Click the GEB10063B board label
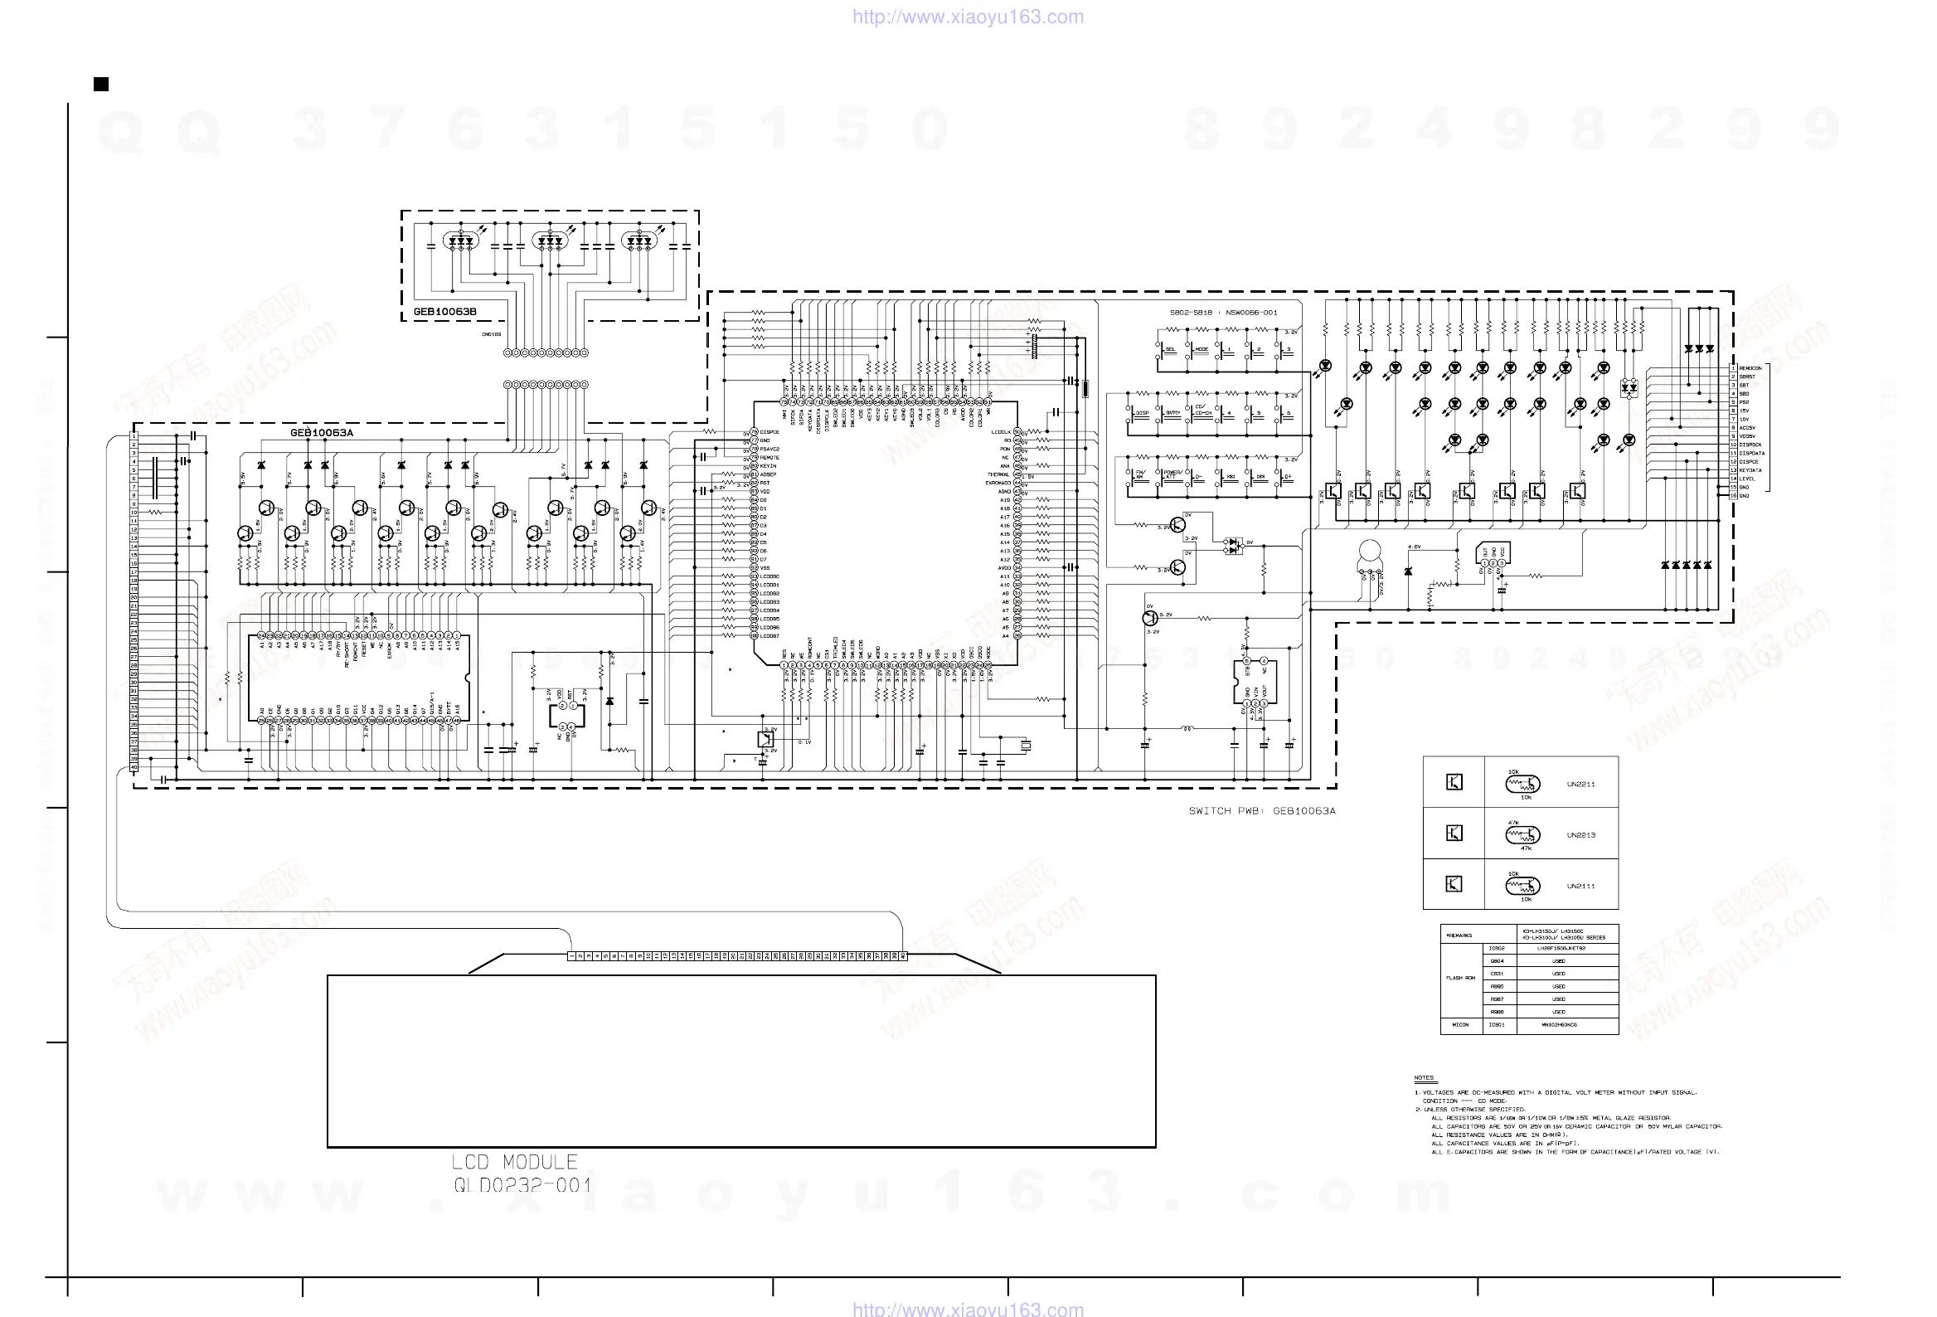[445, 312]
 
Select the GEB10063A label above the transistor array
[322, 433]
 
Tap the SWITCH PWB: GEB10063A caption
[1262, 810]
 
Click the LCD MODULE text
[514, 1162]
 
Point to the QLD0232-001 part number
[522, 1185]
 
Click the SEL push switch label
[1170, 349]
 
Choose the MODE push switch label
[1201, 349]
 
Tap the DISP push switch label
[1142, 413]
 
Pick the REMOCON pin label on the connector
[1750, 367]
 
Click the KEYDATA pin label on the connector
[1750, 470]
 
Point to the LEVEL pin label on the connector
[1747, 479]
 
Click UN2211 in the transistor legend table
[1580, 784]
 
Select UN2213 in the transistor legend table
[1580, 834]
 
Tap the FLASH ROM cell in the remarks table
[1460, 978]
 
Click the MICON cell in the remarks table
[1460, 1024]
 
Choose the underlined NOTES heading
[1424, 1078]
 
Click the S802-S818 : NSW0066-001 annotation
[1223, 313]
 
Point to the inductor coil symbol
[1187, 727]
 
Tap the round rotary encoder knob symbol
[1368, 551]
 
